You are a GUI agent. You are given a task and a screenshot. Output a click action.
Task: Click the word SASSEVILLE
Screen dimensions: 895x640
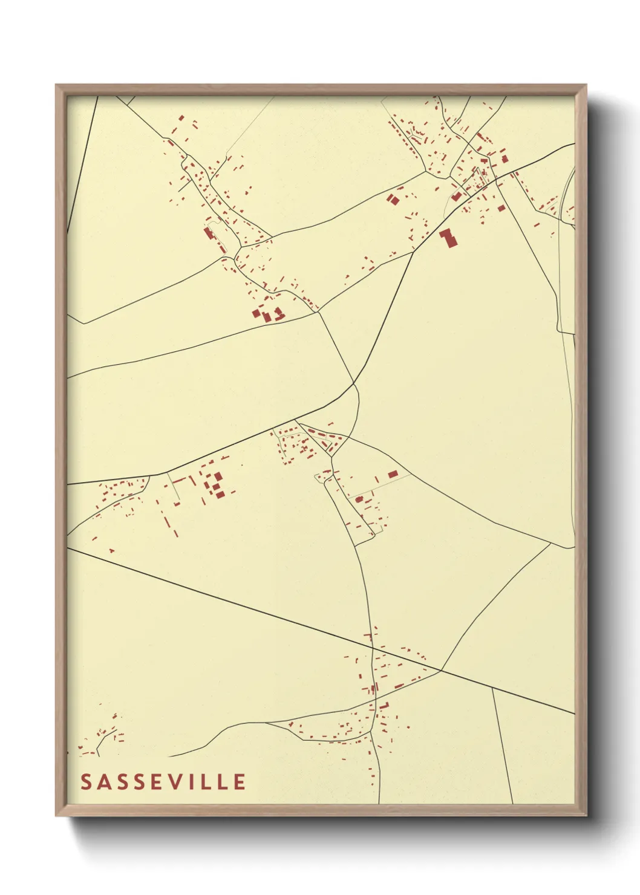pos(163,782)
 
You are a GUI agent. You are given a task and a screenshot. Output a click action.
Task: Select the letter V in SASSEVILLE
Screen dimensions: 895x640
pos(180,782)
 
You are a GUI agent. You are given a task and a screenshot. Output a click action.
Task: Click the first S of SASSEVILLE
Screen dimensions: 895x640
pos(86,782)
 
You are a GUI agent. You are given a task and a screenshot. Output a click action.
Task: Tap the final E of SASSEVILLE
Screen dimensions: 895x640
pos(240,782)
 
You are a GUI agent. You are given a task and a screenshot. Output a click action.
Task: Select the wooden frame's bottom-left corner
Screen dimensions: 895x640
pos(57,814)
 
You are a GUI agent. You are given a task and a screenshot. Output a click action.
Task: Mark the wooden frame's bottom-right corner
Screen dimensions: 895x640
pos(586,814)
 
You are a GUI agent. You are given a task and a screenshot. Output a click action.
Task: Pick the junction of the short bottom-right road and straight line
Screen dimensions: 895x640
pos(492,688)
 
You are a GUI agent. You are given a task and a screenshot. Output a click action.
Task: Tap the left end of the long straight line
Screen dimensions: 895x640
pos(68,548)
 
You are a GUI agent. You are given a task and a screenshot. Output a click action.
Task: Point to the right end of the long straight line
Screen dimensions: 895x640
pos(573,714)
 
